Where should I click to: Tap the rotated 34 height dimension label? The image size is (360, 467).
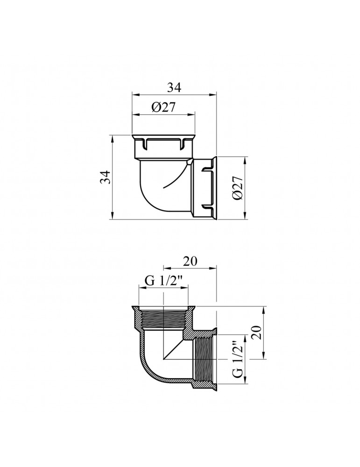coord(106,177)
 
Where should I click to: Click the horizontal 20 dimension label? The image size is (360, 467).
coord(191,261)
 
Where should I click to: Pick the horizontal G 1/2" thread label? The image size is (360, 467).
coord(164,281)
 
